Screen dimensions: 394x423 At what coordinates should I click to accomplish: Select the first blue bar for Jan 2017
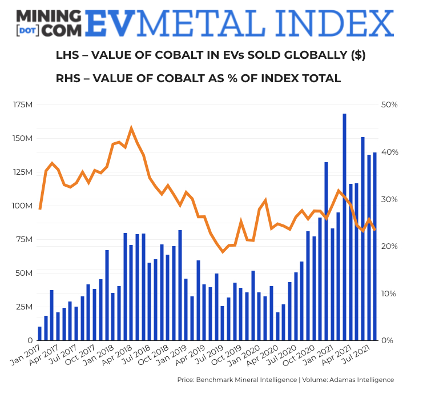40,333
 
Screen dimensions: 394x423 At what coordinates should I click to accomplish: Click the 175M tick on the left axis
23,105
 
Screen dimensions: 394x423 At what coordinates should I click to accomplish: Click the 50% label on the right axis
390,105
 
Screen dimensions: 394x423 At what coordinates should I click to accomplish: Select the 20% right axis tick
390,247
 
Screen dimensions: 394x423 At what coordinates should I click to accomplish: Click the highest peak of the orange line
131,128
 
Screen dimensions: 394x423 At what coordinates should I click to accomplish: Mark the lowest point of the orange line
223,251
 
